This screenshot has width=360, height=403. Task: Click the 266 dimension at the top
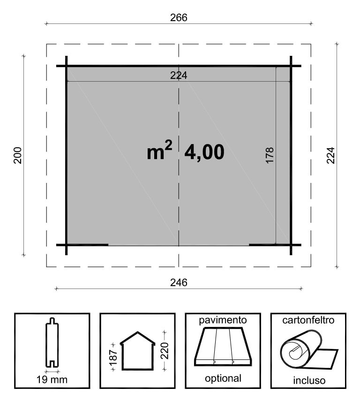click(179, 17)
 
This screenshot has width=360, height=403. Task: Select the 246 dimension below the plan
click(179, 282)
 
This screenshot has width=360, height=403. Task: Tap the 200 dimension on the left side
click(18, 155)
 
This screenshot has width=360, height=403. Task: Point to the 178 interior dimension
click(270, 155)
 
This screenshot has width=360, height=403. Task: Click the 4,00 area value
click(204, 152)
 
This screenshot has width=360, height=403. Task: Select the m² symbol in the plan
click(159, 150)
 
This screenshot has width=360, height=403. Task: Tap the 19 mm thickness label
click(52, 380)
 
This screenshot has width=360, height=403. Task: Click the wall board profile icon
click(52, 342)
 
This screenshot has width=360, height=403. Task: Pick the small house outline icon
click(138, 350)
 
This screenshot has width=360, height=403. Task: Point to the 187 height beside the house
click(113, 357)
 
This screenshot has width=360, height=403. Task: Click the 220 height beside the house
click(165, 350)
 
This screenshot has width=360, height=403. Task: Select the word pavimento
click(223, 320)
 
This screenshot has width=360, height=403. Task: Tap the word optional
click(223, 378)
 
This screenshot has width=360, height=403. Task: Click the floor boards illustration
click(223, 346)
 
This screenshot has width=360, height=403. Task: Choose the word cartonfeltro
click(308, 320)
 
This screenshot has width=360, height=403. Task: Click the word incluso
click(309, 380)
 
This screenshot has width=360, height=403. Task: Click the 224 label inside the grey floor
click(179, 76)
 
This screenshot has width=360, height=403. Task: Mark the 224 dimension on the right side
click(331, 155)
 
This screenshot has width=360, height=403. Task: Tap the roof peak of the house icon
click(138, 332)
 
